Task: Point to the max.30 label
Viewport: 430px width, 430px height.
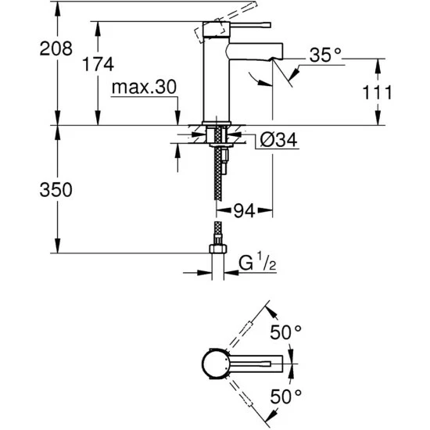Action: (x=145, y=87)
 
